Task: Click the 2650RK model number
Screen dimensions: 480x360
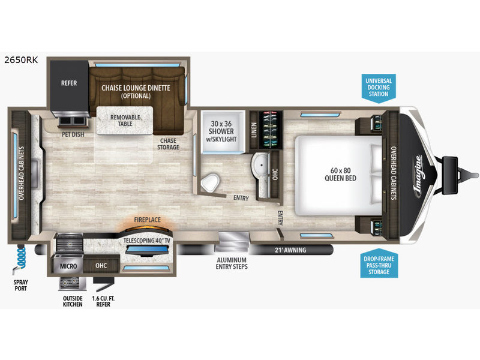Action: (21, 59)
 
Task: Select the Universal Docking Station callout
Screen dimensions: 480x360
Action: (379, 87)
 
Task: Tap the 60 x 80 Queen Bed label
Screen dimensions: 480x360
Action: (340, 174)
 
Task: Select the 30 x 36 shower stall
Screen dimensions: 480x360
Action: (223, 131)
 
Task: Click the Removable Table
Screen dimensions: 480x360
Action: (125, 121)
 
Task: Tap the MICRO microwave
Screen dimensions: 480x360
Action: (68, 266)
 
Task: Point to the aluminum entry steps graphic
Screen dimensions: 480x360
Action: (232, 241)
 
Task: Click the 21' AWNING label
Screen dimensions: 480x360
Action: (290, 250)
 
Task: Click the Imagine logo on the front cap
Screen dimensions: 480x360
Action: (419, 176)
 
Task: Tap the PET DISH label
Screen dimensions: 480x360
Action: (73, 134)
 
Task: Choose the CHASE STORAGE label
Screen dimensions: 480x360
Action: (168, 144)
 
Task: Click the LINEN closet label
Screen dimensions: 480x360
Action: (254, 130)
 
